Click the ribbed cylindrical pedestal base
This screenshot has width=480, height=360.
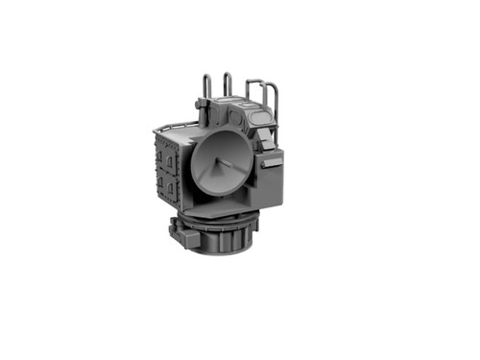coord(226,237)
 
